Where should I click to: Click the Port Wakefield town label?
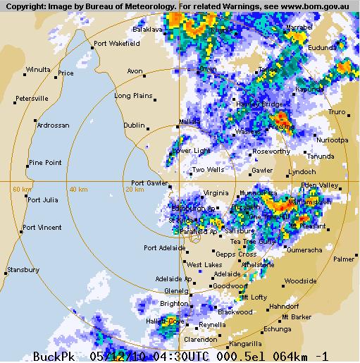118,43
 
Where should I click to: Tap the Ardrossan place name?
54,125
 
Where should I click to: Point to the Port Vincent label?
42,227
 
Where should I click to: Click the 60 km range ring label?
22,189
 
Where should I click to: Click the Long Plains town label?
133,95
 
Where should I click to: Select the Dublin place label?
134,125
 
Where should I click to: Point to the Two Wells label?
209,170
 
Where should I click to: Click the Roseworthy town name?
271,151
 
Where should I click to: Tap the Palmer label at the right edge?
344,259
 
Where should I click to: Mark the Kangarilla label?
244,344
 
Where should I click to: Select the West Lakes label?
204,265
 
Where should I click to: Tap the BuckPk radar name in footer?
54,357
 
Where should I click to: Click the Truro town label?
337,112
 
